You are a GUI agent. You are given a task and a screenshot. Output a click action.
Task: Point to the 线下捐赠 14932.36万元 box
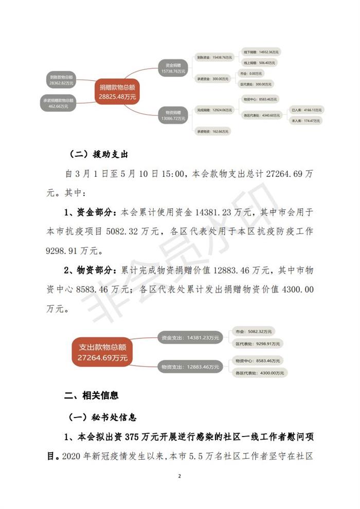click(262, 52)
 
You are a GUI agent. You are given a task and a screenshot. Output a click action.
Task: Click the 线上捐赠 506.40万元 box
click(262, 63)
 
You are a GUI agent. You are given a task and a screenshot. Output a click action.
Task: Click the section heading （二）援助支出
click(98, 154)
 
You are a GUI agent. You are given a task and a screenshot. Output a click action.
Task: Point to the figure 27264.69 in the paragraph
click(285, 174)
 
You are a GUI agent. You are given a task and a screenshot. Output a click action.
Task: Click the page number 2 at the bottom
click(179, 476)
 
